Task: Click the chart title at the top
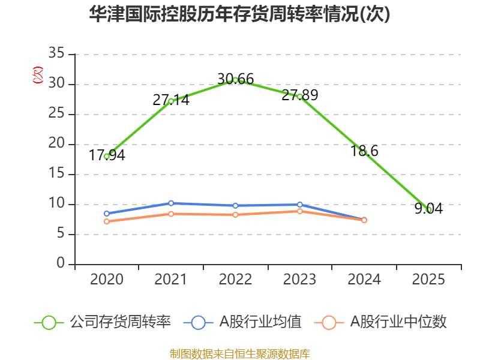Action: click(x=239, y=14)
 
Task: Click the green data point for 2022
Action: click(x=235, y=80)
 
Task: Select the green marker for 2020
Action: click(x=107, y=157)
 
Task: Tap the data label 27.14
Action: click(x=171, y=100)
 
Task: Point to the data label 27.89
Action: click(x=299, y=95)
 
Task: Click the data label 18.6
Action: click(x=364, y=151)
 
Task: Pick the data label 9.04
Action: click(x=428, y=208)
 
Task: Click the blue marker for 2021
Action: click(x=171, y=203)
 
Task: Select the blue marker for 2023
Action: click(x=299, y=205)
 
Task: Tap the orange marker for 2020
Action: click(x=107, y=221)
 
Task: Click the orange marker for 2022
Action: click(x=235, y=215)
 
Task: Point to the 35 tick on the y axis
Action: click(x=56, y=53)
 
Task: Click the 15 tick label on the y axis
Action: click(x=56, y=173)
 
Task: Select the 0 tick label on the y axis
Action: click(x=61, y=263)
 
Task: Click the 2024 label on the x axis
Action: click(x=364, y=280)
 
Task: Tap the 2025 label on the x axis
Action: click(x=428, y=280)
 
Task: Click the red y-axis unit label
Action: click(x=38, y=75)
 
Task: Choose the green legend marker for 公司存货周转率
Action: click(x=49, y=323)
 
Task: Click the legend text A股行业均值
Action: click(x=260, y=322)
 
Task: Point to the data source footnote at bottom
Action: click(x=240, y=354)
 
